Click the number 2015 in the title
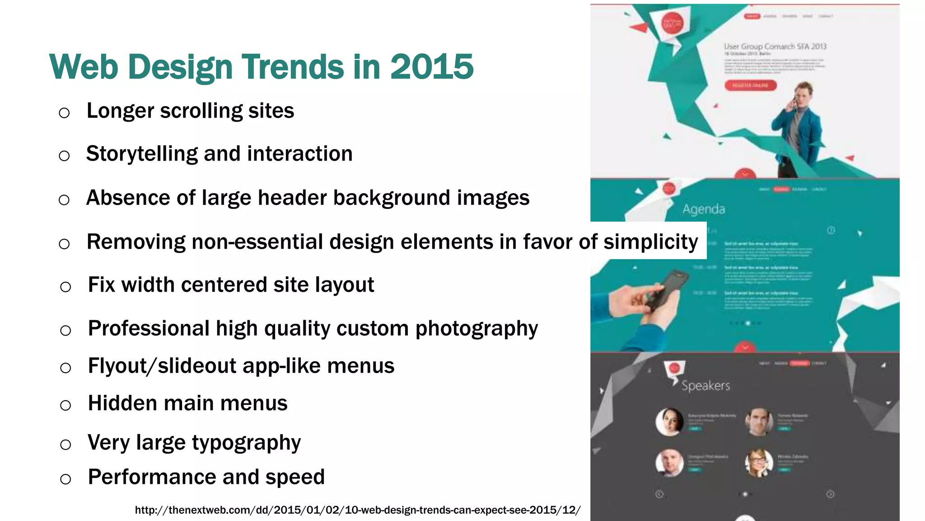tap(431, 67)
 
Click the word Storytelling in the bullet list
tap(142, 154)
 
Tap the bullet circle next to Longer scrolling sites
tap(64, 113)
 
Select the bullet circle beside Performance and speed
tap(65, 479)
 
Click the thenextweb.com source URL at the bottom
tap(357, 510)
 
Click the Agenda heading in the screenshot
tap(704, 209)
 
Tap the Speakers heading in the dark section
tap(705, 386)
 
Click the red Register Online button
tap(750, 85)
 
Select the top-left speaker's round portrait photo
tap(669, 422)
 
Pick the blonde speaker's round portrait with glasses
tap(759, 463)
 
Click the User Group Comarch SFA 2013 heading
tap(775, 47)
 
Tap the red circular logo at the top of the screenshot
tap(672, 23)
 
